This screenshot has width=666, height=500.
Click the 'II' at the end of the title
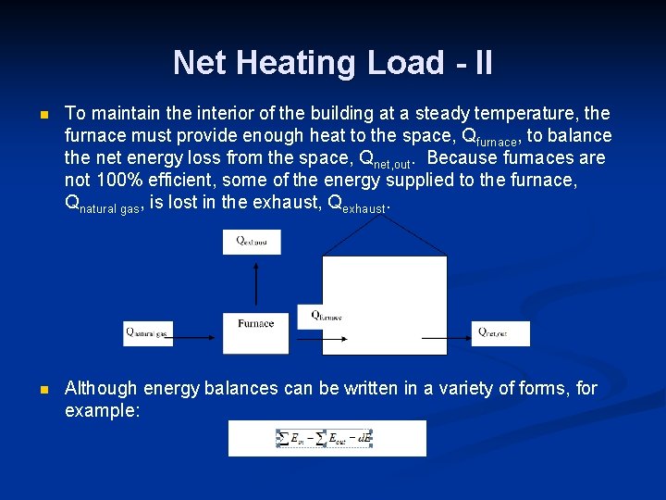pos(482,63)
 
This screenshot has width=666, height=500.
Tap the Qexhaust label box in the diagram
pos(252,242)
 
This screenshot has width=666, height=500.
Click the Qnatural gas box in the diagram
pos(148,333)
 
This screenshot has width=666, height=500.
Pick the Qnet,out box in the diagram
pos(500,333)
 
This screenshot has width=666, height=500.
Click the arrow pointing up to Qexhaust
pos(255,283)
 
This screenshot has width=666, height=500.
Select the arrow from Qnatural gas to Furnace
pos(197,338)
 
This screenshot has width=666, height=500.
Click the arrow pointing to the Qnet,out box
pos(447,338)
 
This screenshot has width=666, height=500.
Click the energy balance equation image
pos(327,438)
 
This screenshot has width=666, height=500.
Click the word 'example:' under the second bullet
pos(102,410)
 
